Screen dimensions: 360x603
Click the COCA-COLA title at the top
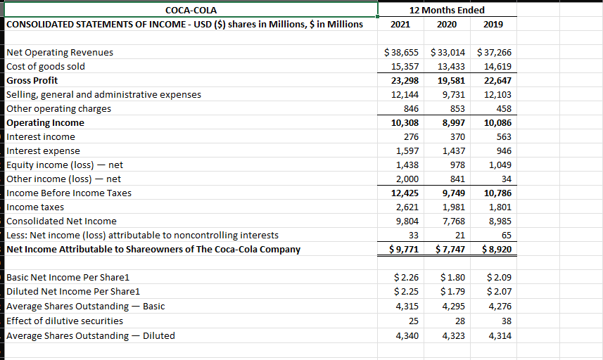[190, 10]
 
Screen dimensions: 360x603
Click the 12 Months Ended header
[448, 10]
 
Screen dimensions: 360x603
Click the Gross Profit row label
[32, 80]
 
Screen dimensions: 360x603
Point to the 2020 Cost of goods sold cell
[451, 66]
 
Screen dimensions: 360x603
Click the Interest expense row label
[43, 150]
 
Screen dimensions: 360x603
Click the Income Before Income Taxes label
[68, 193]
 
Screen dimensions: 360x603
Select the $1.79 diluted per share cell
[450, 291]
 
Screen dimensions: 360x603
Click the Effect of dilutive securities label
[64, 321]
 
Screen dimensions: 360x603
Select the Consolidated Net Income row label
[61, 221]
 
